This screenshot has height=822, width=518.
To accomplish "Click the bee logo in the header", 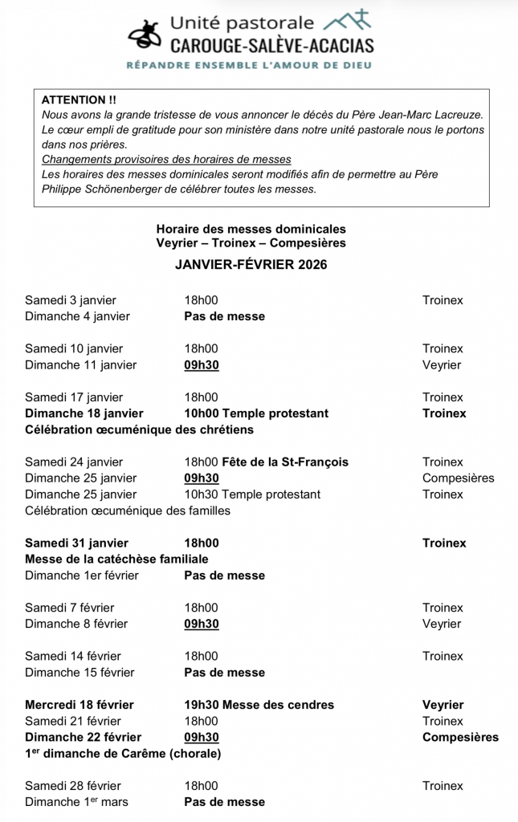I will tap(147, 36).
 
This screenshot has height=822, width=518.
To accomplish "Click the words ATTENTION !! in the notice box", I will tap(79, 100).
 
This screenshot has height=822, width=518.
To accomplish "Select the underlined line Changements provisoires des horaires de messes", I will tap(166, 159).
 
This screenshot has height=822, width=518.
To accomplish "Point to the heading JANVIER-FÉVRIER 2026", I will tap(251, 265).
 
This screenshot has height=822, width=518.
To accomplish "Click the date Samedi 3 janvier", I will tap(71, 300).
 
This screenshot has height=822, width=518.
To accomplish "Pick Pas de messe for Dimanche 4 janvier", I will tap(225, 316).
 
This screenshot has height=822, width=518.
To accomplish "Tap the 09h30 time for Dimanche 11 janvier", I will tap(202, 365).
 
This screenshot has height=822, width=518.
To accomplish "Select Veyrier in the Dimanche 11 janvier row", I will tap(442, 365).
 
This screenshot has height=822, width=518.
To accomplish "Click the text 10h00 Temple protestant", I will tap(256, 413).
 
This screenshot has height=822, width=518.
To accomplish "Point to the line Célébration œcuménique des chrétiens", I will tap(139, 429).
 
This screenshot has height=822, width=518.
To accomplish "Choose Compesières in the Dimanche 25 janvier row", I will tap(459, 478).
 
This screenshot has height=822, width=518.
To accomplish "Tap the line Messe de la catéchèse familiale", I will tap(117, 560).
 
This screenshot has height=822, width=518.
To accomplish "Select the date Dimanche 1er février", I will tap(82, 576).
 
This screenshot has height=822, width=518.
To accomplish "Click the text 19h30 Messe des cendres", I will tap(259, 705).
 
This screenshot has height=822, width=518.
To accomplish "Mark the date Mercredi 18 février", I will tap(80, 705).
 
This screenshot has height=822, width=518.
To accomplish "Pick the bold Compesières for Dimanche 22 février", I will tap(460, 737).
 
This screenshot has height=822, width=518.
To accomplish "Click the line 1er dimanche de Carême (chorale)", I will tap(123, 754).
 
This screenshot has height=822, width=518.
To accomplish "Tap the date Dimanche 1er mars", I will tap(76, 802).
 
